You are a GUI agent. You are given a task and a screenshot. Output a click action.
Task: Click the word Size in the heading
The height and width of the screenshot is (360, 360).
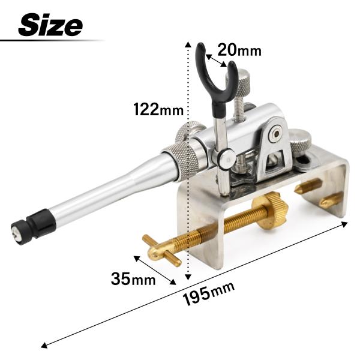[50, 25]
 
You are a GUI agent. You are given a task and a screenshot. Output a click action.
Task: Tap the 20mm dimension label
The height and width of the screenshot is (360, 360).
[239, 50]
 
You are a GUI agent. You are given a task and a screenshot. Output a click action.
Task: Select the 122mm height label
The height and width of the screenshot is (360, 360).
[159, 109]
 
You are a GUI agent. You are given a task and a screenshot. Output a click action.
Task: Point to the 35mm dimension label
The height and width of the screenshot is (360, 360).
[133, 279]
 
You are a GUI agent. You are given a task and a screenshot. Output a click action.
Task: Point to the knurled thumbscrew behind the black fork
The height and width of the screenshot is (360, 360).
[239, 81]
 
